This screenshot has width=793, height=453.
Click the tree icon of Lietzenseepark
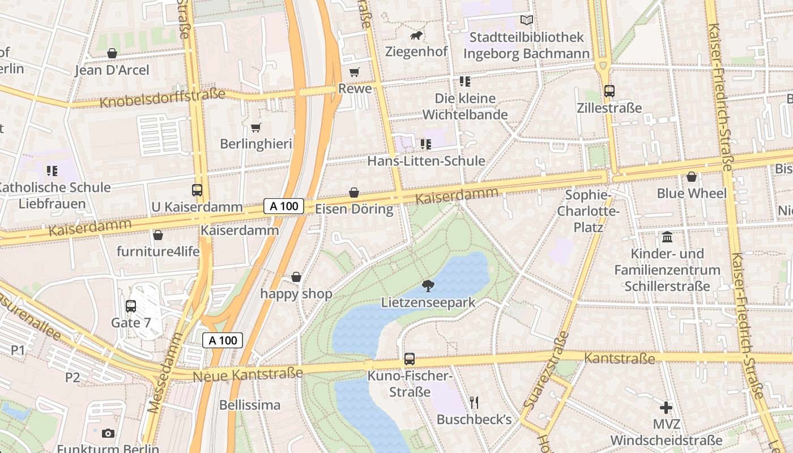[428, 286]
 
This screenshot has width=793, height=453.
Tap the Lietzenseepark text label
[428, 302]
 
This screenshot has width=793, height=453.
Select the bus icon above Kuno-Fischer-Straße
[409, 358]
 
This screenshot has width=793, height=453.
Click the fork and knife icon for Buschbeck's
[474, 403]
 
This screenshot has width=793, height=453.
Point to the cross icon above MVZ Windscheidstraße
[666, 407]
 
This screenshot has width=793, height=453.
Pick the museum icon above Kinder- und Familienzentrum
[667, 237]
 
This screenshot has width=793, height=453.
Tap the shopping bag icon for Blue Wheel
[691, 177]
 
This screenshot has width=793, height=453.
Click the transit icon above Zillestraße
[609, 91]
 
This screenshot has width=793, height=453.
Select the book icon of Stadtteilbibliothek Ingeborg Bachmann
[527, 20]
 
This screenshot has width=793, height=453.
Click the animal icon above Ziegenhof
[416, 36]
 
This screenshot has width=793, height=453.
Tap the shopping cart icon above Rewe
[355, 72]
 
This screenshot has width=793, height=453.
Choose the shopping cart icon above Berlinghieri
[255, 127]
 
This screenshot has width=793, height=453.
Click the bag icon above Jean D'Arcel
[112, 53]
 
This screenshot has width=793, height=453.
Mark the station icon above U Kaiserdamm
[197, 190]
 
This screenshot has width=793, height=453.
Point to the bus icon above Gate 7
[131, 306]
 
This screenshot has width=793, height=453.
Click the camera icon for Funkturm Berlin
[108, 434]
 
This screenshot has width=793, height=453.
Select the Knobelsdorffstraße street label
[162, 99]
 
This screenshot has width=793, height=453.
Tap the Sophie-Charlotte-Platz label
[589, 211]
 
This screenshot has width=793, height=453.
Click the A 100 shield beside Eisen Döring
[284, 206]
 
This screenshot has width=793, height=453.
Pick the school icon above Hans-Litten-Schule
[425, 144]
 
